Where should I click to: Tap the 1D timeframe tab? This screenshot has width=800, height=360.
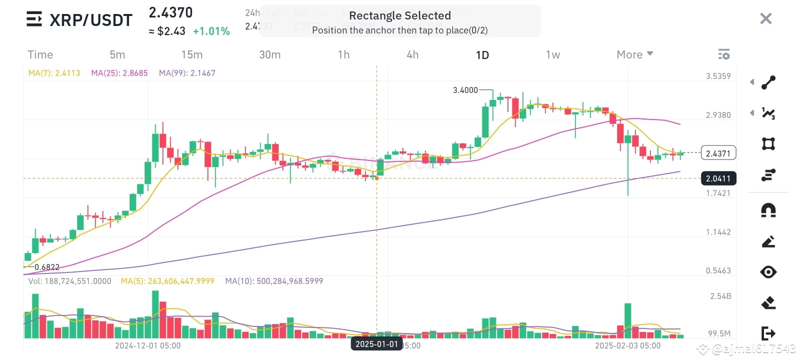[x=482, y=55]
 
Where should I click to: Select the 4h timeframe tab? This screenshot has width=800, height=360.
[x=412, y=55]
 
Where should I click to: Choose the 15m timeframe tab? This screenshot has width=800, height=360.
[x=192, y=55]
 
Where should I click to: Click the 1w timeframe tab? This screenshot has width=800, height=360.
[x=552, y=55]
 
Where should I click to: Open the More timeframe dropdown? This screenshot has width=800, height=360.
[x=634, y=54]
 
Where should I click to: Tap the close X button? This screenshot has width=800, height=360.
[x=765, y=19]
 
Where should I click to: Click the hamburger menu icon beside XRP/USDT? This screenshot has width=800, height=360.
[x=34, y=19]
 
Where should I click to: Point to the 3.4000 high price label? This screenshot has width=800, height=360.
[x=465, y=90]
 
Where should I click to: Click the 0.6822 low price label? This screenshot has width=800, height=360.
[x=47, y=267]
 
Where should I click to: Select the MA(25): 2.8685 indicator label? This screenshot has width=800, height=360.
[x=119, y=73]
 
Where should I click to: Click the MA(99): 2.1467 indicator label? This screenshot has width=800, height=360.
[x=187, y=73]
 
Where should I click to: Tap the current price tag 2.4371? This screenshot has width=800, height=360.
[x=718, y=153]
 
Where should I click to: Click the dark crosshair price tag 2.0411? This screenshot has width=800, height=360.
[x=718, y=178]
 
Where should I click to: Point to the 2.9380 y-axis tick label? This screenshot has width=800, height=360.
[x=718, y=115]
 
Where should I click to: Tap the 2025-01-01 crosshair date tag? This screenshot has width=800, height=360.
[x=376, y=344]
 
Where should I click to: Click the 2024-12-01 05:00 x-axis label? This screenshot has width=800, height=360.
[x=148, y=345]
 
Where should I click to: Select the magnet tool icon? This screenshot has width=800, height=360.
[x=768, y=210]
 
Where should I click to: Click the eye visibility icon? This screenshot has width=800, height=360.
[x=768, y=272]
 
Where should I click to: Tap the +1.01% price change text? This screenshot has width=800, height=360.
[x=211, y=31]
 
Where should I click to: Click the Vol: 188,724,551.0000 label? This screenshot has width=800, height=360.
[x=69, y=281]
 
